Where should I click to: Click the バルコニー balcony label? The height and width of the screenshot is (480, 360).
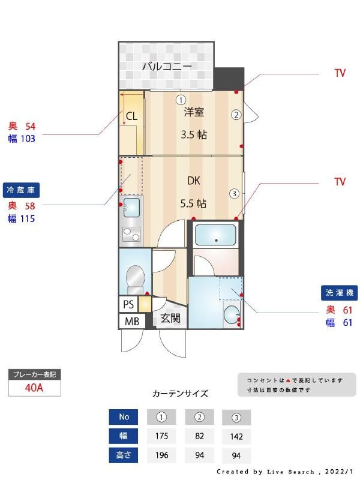pos(166,66)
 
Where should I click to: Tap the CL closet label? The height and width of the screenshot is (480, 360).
pos(131,116)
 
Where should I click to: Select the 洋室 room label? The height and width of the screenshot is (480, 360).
pos(194,112)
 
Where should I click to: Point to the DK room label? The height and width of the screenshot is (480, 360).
pos(193,181)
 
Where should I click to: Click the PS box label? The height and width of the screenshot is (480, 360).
pos(128,304)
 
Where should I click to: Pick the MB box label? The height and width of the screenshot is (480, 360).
pos(131,322)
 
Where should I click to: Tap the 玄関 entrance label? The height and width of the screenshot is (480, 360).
pos(170,318)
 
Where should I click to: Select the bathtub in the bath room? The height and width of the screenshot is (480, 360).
pos(215,233)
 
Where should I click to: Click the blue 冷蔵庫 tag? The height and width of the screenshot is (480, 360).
pos(21,190)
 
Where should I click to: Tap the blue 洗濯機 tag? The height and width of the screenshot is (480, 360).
pos(340,293)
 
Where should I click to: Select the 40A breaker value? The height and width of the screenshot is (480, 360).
pos(34,387)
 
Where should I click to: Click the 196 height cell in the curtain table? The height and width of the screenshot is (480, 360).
pos(161,455)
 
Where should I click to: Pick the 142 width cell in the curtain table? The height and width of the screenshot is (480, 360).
pos(236,436)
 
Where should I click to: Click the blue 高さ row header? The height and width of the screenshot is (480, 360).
pos(124,455)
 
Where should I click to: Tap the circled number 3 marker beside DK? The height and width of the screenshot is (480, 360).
pos(234,193)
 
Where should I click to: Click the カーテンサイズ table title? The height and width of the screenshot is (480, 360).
pos(180,394)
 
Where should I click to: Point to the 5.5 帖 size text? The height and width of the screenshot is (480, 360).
pos(193,203)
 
